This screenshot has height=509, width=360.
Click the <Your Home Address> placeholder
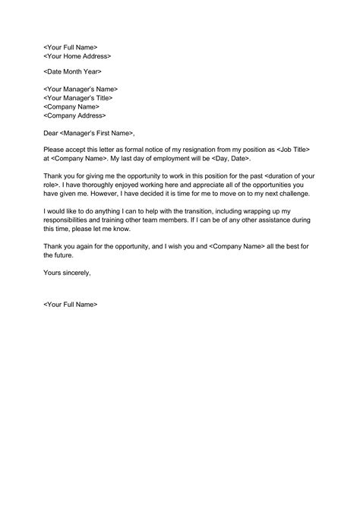[x=77, y=56]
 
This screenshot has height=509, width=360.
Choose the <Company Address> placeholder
[x=75, y=115]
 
